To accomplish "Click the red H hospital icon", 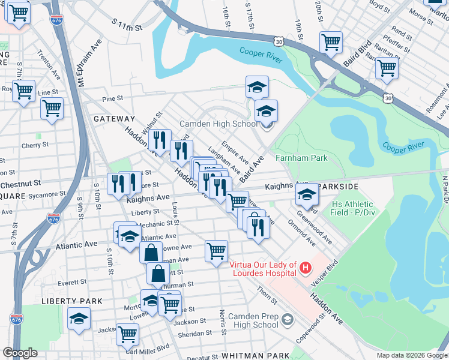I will click(x=306, y=267).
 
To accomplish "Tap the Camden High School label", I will click(x=219, y=124).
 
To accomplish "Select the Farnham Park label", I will click(x=301, y=158).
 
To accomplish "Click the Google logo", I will click(x=20, y=353).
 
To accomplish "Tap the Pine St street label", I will click(x=112, y=98).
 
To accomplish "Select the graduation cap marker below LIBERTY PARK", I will click(x=78, y=320).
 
